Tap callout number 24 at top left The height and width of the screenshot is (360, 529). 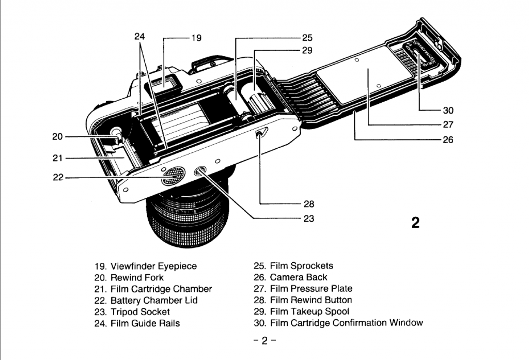coord(139,37)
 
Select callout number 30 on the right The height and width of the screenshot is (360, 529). coord(447,110)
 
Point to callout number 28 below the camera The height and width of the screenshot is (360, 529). coord(308,204)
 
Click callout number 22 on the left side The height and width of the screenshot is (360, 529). coord(58,177)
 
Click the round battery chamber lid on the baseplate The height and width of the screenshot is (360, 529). coord(171,177)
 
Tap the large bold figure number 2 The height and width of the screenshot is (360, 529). coord(415,223)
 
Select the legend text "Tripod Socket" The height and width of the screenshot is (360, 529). coord(140,311)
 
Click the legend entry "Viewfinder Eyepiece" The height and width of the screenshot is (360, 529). coord(153,266)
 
